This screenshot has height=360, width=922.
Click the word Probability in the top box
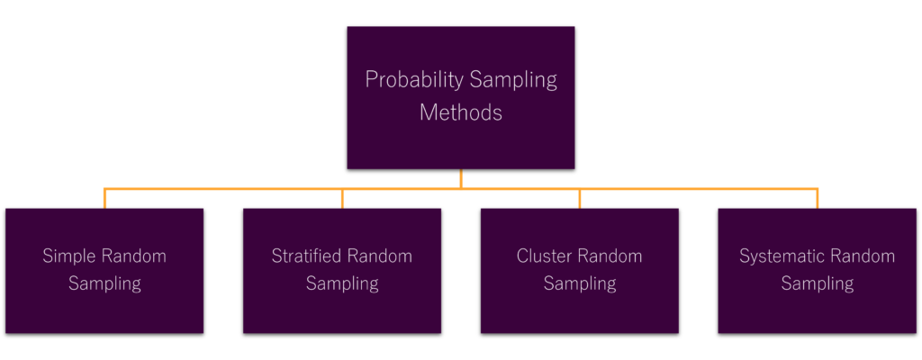click(x=414, y=80)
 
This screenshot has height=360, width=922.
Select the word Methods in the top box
click(x=460, y=112)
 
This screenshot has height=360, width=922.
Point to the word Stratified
click(x=307, y=256)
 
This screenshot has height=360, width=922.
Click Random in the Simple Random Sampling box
click(x=134, y=256)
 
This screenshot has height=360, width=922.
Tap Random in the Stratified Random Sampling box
click(x=380, y=256)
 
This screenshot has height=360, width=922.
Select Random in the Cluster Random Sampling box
click(x=610, y=256)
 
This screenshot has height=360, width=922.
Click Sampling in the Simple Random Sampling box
click(x=104, y=283)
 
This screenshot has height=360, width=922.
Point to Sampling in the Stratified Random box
click(x=342, y=283)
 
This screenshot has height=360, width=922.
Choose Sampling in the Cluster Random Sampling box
click(x=580, y=283)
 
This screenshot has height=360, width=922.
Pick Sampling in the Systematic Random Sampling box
click(x=818, y=283)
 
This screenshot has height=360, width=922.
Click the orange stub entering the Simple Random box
click(x=104, y=199)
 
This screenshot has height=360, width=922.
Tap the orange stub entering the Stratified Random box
click(x=342, y=199)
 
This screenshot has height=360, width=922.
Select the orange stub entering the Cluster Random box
click(x=580, y=199)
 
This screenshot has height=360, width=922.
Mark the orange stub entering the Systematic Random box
click(x=818, y=199)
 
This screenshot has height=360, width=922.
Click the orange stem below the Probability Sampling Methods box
click(x=461, y=179)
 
